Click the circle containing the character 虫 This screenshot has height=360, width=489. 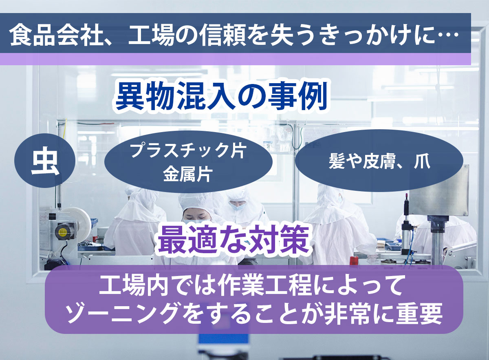[x=45, y=161]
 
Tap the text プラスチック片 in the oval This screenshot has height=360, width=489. [x=188, y=150]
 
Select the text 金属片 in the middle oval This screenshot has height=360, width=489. [x=188, y=174]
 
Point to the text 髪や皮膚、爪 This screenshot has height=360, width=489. [x=380, y=161]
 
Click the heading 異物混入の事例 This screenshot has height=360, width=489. [x=221, y=96]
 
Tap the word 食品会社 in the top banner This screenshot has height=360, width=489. [x=56, y=35]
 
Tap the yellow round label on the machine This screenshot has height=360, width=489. [x=62, y=232]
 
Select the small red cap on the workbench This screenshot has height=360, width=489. [x=354, y=261]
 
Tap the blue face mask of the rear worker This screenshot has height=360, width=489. [x=237, y=206]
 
